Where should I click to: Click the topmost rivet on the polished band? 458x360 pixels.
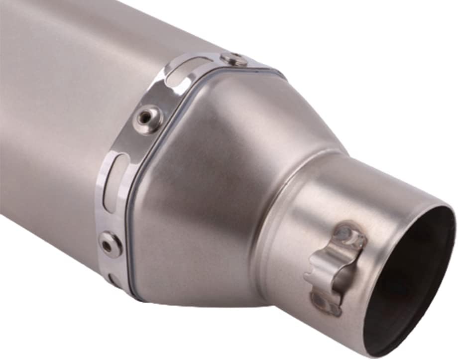pyautogui.click(x=233, y=59)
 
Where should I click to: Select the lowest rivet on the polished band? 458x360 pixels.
pyautogui.click(x=111, y=244)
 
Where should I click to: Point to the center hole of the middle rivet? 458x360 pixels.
pyautogui.click(x=146, y=118)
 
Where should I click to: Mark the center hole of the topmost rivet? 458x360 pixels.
pyautogui.click(x=234, y=58)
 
